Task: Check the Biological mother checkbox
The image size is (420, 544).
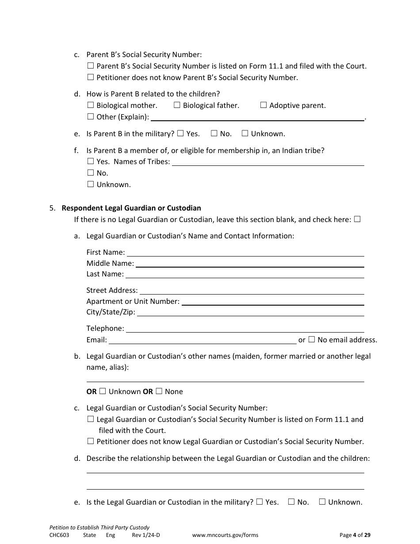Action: (91, 105)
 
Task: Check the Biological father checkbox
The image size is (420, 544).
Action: (177, 105)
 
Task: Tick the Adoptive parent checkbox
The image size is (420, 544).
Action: (263, 105)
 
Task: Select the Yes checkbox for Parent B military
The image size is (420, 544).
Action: (180, 134)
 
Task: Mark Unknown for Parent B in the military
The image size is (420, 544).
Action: (245, 134)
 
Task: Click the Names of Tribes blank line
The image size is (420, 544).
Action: (267, 162)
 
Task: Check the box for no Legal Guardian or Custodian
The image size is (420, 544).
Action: (357, 219)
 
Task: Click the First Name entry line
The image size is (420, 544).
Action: (245, 253)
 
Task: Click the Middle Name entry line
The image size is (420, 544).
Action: (250, 264)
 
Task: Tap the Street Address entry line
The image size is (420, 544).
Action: (252, 291)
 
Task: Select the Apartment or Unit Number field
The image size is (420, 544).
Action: (273, 302)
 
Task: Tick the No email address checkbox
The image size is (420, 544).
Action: (311, 340)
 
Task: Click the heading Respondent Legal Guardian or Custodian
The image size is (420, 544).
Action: (131, 208)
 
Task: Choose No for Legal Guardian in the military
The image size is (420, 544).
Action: (291, 502)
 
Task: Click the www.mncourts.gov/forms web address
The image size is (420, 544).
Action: (225, 535)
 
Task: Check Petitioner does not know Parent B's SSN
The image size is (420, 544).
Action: (91, 77)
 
